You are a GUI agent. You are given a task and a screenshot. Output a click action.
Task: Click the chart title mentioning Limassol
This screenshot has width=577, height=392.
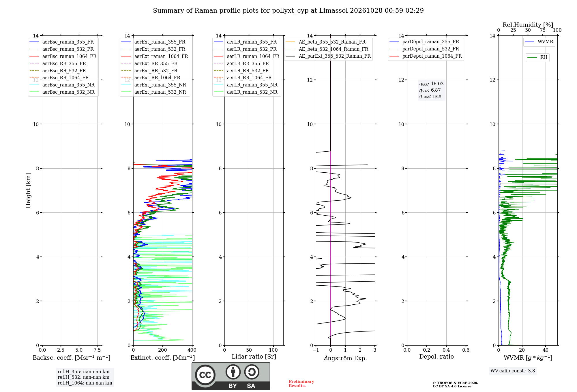pyautogui.click(x=288, y=11)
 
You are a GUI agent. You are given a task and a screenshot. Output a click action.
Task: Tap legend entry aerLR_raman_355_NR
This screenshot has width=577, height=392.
pyautogui.click(x=246, y=85)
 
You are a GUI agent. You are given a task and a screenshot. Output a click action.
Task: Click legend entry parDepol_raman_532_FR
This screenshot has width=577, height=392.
pyautogui.click(x=424, y=49)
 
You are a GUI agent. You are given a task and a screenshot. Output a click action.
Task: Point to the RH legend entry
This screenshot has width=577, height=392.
pyautogui.click(x=537, y=57)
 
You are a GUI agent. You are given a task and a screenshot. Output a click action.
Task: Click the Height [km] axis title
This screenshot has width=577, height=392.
pyautogui.click(x=28, y=191)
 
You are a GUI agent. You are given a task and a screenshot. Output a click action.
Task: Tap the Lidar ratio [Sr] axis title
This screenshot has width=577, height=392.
pyautogui.click(x=254, y=357)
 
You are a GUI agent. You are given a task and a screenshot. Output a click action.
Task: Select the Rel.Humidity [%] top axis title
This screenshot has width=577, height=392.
pyautogui.click(x=528, y=25)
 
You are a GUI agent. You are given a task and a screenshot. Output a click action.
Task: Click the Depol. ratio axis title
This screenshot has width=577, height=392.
pyautogui.click(x=437, y=357)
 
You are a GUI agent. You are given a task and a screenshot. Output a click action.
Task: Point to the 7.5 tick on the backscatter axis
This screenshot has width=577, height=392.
pyautogui.click(x=97, y=350)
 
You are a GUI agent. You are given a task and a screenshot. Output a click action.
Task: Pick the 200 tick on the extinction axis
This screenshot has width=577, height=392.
pyautogui.click(x=163, y=350)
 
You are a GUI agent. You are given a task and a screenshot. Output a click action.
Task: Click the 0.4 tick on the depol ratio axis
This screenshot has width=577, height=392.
pyautogui.click(x=446, y=350)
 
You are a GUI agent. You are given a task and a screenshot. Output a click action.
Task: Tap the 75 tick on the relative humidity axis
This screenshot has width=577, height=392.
pyautogui.click(x=543, y=30)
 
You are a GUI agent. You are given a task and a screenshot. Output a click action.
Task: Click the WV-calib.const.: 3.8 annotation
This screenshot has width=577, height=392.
pyautogui.click(x=513, y=371)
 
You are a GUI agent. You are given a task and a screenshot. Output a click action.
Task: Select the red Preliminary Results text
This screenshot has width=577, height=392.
pyautogui.click(x=301, y=384)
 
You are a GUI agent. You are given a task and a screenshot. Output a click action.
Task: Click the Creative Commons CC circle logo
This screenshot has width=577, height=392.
pyautogui.click(x=205, y=375)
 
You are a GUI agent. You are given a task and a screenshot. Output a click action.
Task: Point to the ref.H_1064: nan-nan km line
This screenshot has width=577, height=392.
pyautogui.click(x=85, y=383)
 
